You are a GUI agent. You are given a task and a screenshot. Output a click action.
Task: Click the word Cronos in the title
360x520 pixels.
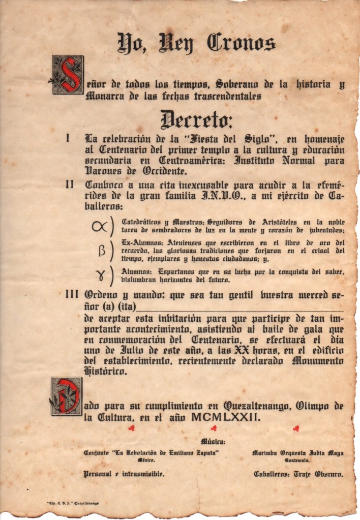241,44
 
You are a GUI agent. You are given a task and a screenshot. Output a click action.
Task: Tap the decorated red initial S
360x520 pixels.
68,75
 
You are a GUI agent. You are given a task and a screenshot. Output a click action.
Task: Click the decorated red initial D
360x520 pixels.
66,396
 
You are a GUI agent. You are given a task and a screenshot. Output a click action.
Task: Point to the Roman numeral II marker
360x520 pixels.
70,185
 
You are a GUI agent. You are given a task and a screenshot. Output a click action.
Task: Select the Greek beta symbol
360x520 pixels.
101,251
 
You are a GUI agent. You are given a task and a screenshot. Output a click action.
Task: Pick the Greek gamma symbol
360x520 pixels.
100,275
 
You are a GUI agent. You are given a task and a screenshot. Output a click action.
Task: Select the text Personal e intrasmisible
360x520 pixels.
124,474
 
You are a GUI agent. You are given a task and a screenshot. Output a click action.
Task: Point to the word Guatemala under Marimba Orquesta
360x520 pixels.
297,460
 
